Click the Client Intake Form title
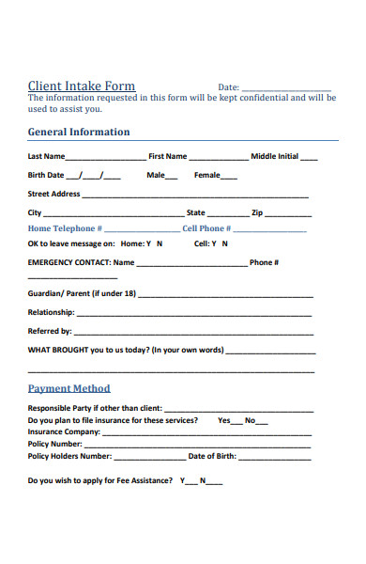pyautogui.click(x=82, y=86)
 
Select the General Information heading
pyautogui.click(x=79, y=132)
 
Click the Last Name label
pyautogui.click(x=46, y=156)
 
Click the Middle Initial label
pyautogui.click(x=274, y=156)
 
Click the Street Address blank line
pyautogui.click(x=195, y=196)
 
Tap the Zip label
pyautogui.click(x=257, y=212)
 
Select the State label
pyautogui.click(x=195, y=212)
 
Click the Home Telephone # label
pyautogui.click(x=65, y=228)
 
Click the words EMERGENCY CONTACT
pyautogui.click(x=69, y=262)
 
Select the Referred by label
pyautogui.click(x=50, y=331)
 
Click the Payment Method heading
pyautogui.click(x=69, y=388)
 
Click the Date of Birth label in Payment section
pyautogui.click(x=211, y=456)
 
